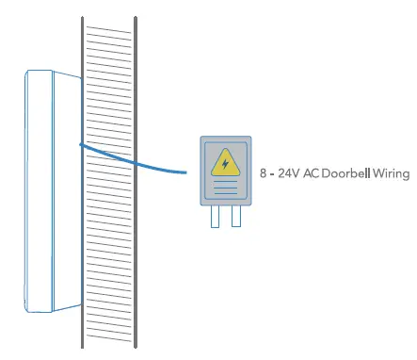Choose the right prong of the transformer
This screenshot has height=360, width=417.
(235, 217)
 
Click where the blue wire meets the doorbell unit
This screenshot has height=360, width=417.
(80, 144)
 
